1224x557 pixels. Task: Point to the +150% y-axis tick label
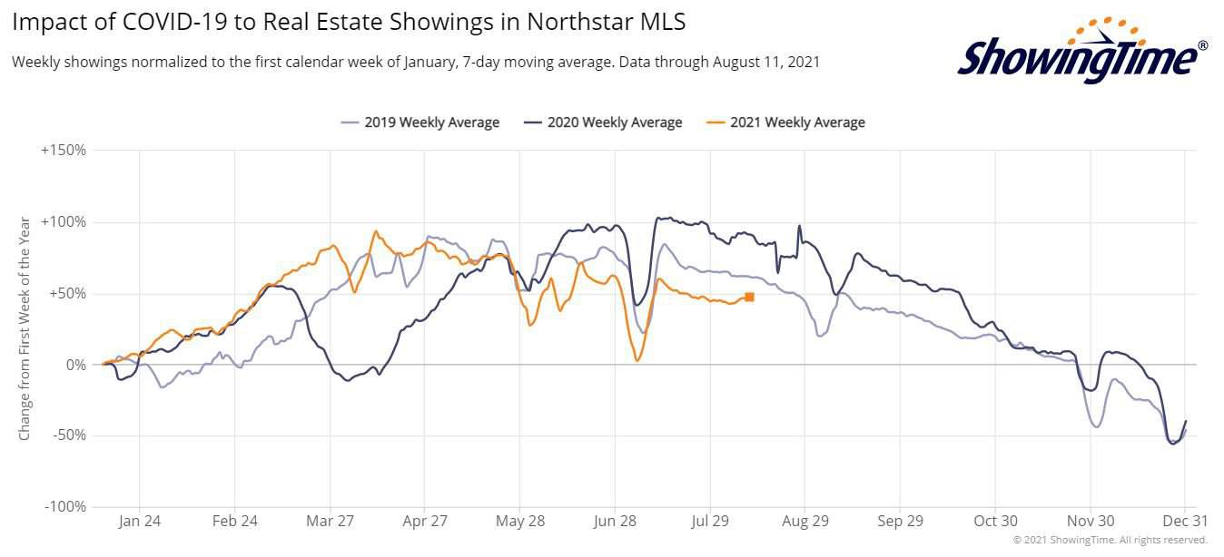[64, 151]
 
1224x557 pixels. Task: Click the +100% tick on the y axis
[64, 222]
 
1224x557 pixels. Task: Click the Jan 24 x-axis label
[140, 522]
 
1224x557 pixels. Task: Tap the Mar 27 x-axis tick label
[330, 522]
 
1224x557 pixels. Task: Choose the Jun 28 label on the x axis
[615, 522]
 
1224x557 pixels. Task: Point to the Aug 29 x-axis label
[804, 522]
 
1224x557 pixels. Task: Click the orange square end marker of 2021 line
[749, 297]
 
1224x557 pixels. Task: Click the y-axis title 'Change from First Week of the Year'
[25, 328]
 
